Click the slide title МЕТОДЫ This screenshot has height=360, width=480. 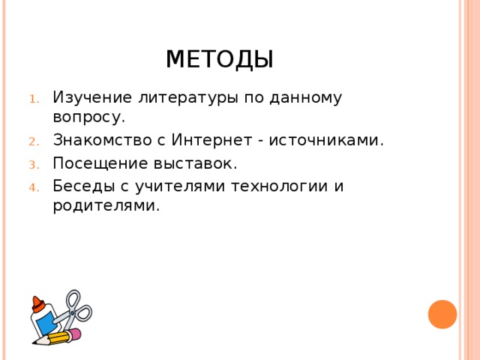coord(219,58)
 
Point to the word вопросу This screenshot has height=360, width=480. coord(88,117)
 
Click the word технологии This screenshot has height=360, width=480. coord(271,185)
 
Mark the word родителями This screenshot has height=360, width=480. coord(106,205)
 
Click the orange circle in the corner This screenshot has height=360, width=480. coord(442,314)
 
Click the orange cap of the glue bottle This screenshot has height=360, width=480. coord(37,304)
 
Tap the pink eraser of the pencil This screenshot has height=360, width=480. coord(75,334)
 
